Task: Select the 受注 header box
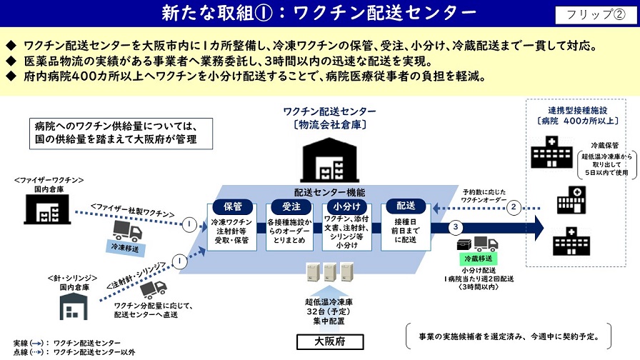pyautogui.click(x=289, y=206)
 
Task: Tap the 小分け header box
pyautogui.click(x=346, y=206)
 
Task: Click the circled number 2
pyautogui.click(x=514, y=208)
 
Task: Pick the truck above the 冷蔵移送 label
pyautogui.click(x=476, y=244)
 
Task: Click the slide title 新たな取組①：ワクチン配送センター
pyautogui.click(x=319, y=14)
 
